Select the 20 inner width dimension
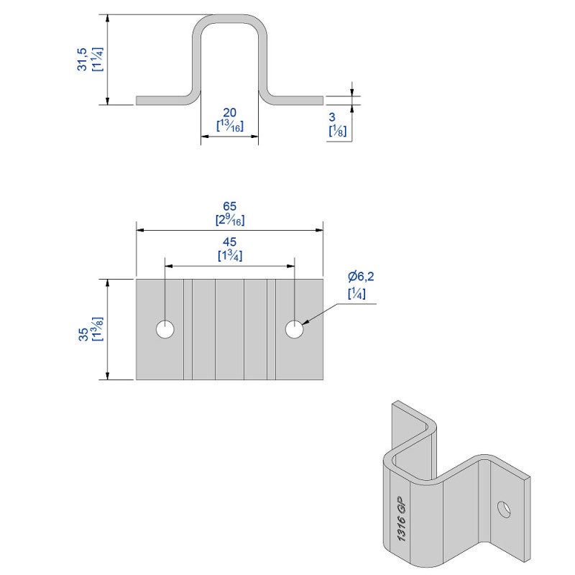tap(230, 112)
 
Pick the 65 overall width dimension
tap(230, 206)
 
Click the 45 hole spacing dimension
tap(230, 241)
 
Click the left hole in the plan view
tap(166, 330)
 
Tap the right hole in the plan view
tap(294, 330)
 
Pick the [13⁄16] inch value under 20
tap(230, 126)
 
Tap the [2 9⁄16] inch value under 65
tap(230, 220)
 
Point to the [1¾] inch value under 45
tap(230, 255)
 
